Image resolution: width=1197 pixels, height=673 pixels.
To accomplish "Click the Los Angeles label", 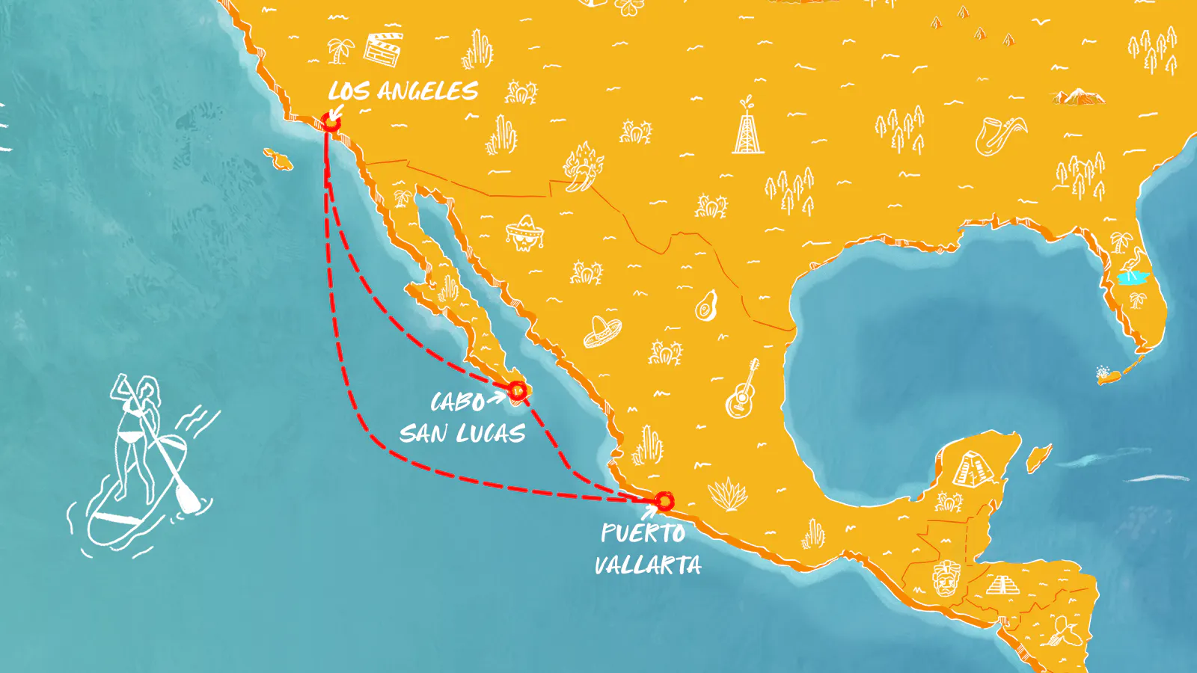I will [402, 91].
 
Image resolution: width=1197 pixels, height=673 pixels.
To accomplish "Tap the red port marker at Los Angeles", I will [331, 123].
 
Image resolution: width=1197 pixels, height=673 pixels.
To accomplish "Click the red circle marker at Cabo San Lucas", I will [517, 390].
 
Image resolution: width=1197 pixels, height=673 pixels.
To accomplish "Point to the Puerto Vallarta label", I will [647, 548].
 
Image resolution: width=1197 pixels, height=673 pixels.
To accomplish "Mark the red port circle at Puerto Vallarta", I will [664, 501].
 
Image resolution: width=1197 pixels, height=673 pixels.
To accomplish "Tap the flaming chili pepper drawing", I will [582, 166].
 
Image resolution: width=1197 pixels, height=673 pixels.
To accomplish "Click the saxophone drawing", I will [1000, 135].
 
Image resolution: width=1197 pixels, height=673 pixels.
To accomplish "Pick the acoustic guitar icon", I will [742, 390].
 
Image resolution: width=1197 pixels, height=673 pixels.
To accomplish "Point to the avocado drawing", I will [705, 306].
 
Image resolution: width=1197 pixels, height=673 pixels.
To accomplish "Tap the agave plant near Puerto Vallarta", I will [726, 494].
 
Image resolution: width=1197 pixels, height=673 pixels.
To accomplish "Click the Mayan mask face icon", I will [946, 579].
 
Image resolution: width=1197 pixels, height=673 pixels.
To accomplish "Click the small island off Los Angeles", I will [278, 159].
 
